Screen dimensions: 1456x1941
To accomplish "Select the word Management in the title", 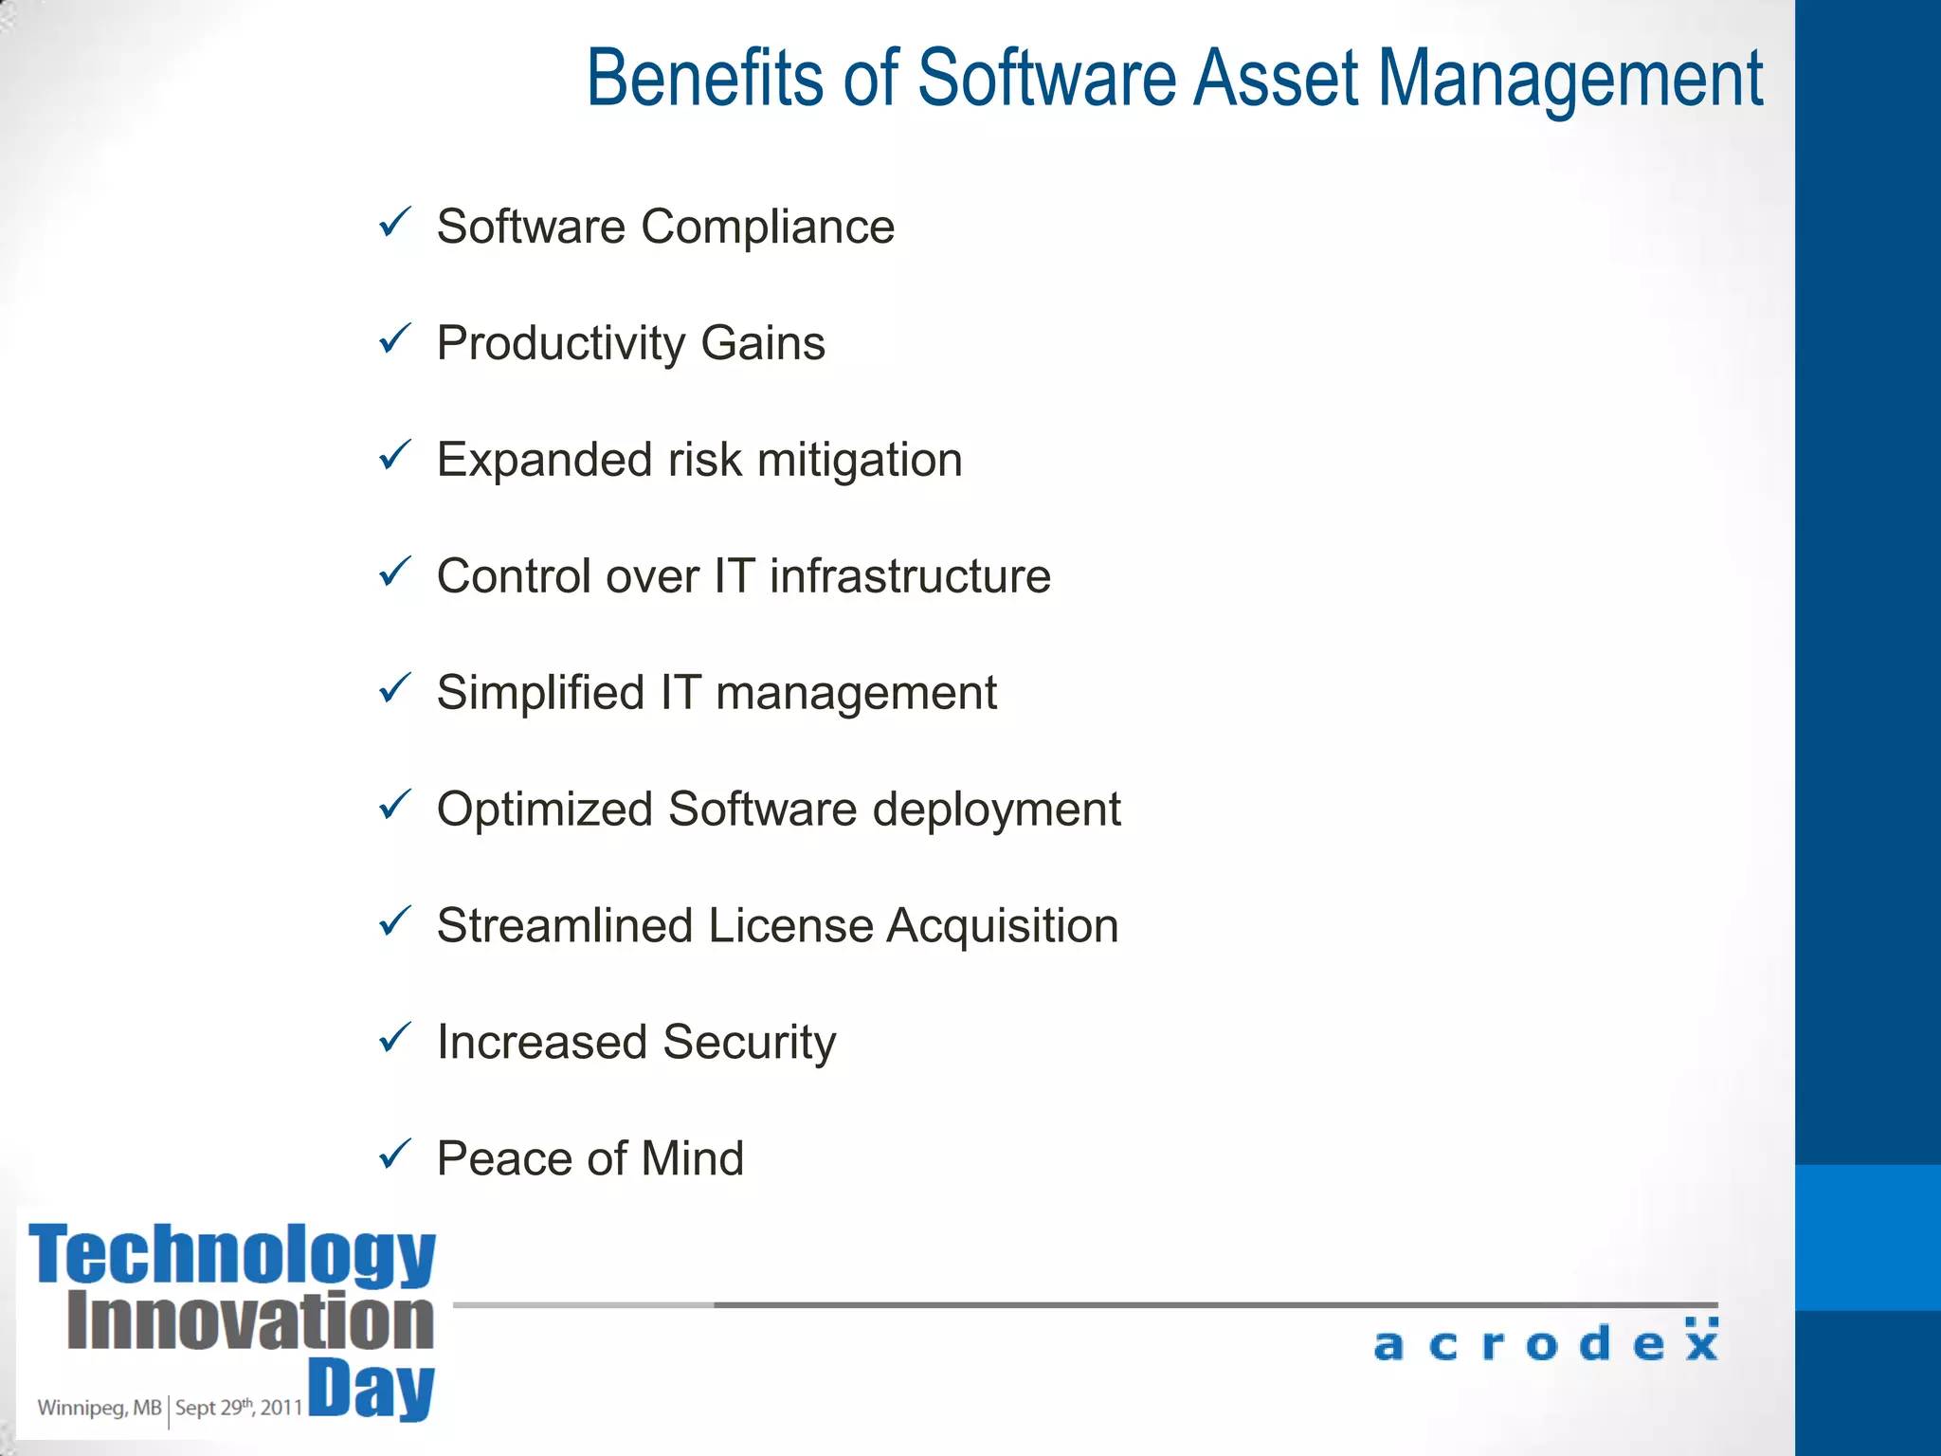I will pyautogui.click(x=1569, y=81).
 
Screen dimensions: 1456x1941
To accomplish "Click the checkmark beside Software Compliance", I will pyautogui.click(x=394, y=224).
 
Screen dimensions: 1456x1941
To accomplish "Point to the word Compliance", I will pyautogui.click(x=768, y=227).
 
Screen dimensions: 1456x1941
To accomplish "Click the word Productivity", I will pyautogui.click(x=560, y=344).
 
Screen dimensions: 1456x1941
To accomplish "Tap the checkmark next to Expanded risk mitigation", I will pyautogui.click(x=394, y=456).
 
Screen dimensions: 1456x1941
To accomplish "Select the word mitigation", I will pyautogui.click(x=860, y=462).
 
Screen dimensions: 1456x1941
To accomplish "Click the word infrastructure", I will pyautogui.click(x=910, y=576).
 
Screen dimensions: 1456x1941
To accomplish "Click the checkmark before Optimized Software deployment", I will pyautogui.click(x=394, y=806).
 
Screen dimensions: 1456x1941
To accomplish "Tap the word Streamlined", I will pyautogui.click(x=565, y=926).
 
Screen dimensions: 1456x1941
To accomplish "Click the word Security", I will pyautogui.click(x=750, y=1044).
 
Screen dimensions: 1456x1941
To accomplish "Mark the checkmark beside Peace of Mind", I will pyautogui.click(x=394, y=1155).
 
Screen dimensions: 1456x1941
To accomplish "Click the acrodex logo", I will pyautogui.click(x=1545, y=1341).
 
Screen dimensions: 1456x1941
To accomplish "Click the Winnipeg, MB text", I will pyautogui.click(x=100, y=1408).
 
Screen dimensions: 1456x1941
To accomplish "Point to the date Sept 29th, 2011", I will pyautogui.click(x=238, y=1408).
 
